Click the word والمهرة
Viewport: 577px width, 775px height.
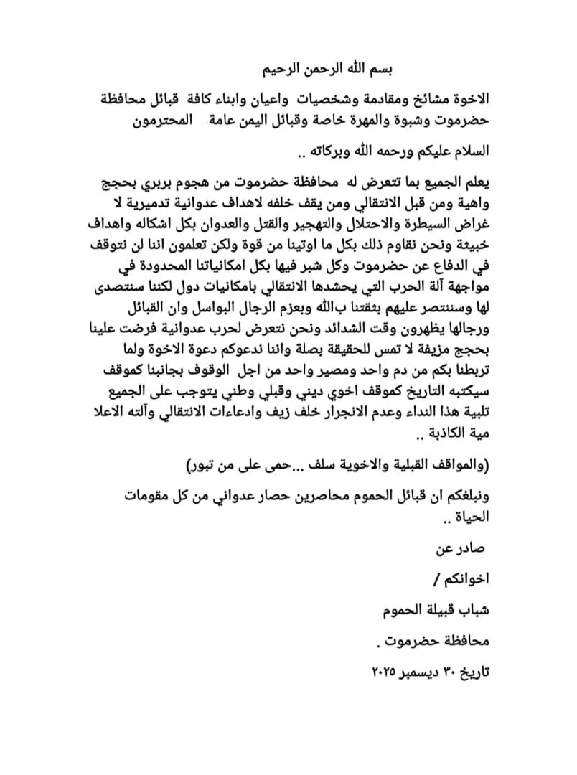353,121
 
